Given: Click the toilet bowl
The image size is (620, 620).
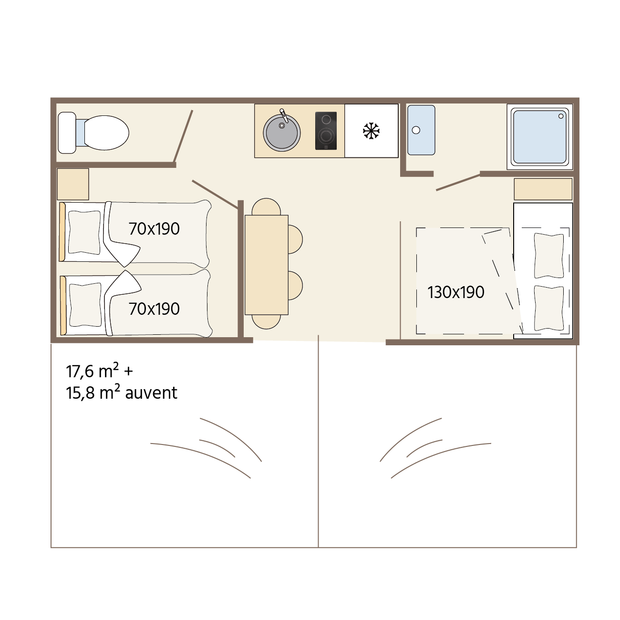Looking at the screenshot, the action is coord(106,133).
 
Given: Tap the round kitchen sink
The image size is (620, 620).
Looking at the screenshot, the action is coord(282,133).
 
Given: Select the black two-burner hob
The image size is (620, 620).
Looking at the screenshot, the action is coord(326,131).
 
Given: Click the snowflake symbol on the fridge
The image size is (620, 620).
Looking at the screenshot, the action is coord(371,131).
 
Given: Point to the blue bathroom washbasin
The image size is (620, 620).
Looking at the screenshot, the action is coord(421,130).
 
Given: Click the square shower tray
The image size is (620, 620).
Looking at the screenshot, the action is coord(539,137).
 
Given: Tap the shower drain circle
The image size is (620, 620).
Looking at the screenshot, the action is coord(561,116).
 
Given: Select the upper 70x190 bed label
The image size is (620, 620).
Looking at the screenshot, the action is coord(154,229).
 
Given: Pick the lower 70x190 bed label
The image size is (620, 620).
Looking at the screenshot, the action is coord(154,309).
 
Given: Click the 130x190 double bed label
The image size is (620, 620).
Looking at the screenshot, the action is coord(455,292).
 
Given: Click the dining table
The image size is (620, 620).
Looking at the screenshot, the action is coord(267,265).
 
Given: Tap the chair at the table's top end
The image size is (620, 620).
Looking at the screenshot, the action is coord(266,207).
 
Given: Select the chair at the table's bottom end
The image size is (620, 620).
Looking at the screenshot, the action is coord(266,322).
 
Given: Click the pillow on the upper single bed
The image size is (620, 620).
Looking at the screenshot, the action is coord(84,232).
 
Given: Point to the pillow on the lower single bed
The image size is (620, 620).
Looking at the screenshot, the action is coord(85,305).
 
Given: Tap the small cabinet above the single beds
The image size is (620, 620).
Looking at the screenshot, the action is coord(72,184).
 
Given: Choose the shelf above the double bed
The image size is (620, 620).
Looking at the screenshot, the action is coord(543,189).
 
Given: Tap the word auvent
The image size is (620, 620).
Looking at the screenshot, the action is coord(151,393).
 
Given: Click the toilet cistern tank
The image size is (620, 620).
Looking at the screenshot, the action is coord(67,133).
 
